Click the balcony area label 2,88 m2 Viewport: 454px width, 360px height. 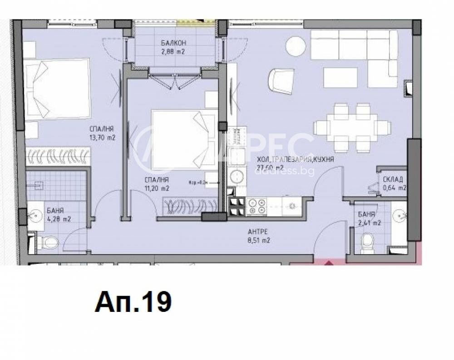pyautogui.click(x=173, y=52)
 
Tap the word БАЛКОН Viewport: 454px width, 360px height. pyautogui.click(x=173, y=44)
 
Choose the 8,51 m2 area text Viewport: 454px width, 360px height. pyautogui.click(x=259, y=241)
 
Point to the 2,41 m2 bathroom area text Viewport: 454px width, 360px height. pyautogui.click(x=369, y=222)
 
